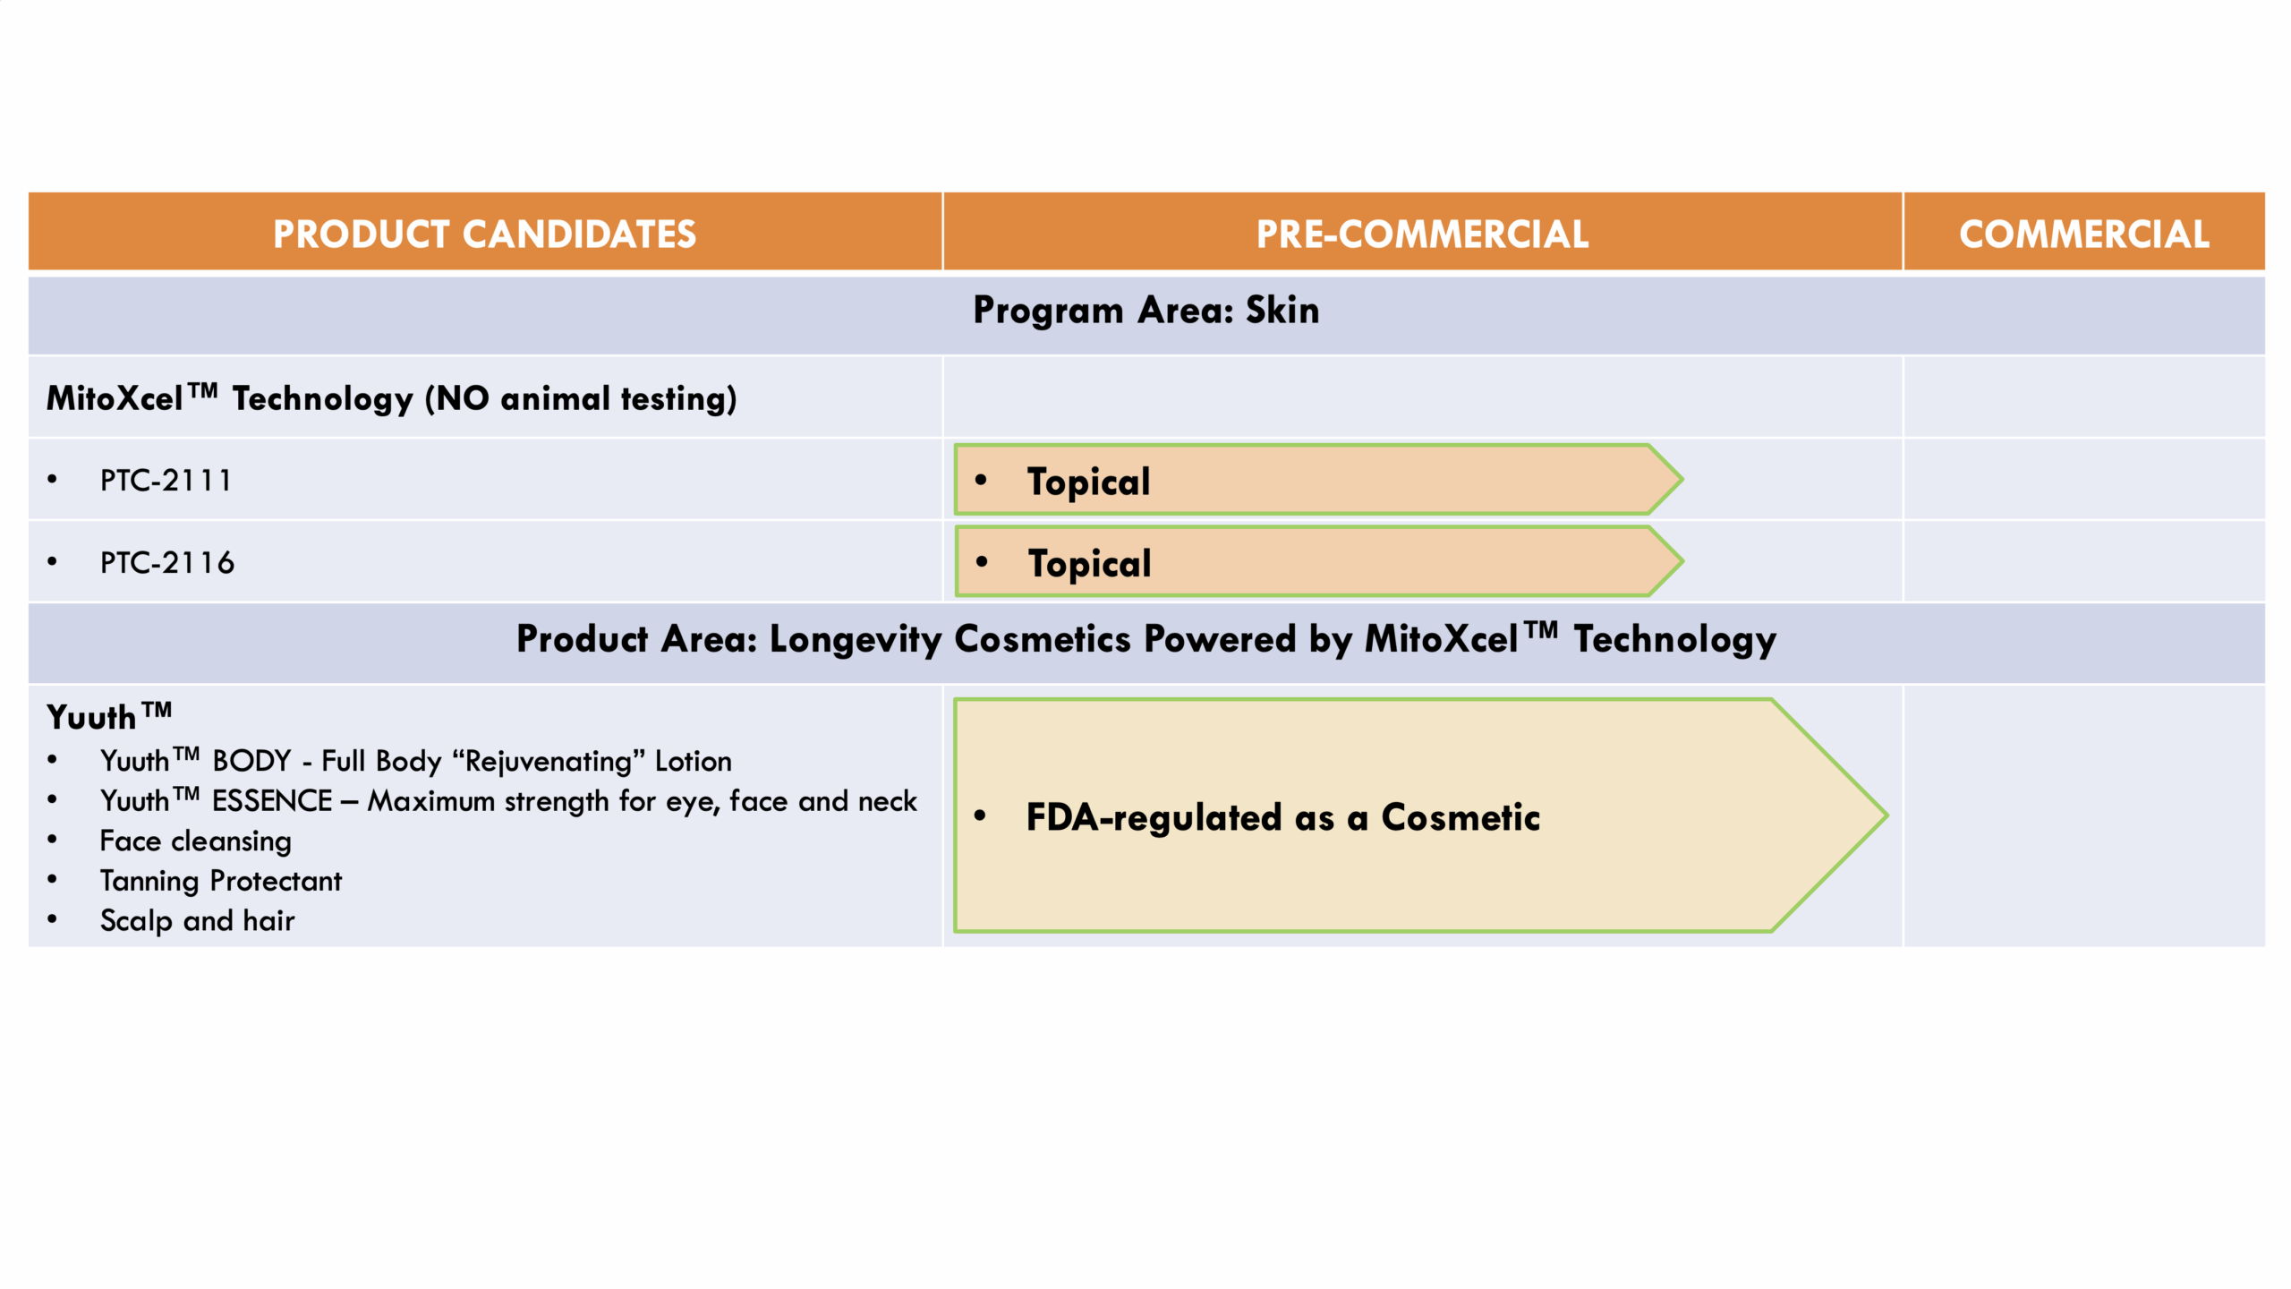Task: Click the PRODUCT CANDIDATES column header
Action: tap(484, 234)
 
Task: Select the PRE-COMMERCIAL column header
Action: tap(1422, 234)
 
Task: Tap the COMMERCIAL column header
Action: tap(2084, 234)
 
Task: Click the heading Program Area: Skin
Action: tap(1145, 311)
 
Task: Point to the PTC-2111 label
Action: tap(166, 481)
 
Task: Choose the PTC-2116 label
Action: tap(166, 563)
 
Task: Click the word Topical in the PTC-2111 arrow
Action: tap(1088, 482)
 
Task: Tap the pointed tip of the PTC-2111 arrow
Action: tap(1682, 480)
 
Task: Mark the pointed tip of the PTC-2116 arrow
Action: tap(1682, 561)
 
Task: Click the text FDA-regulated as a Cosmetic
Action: tap(1282, 817)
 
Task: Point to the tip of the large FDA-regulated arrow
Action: tap(1886, 815)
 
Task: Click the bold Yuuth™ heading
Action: tap(108, 716)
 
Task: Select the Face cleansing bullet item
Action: tap(195, 841)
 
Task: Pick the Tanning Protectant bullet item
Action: tap(220, 881)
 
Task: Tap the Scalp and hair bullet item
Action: tap(197, 920)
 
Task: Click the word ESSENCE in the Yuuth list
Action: tap(272, 801)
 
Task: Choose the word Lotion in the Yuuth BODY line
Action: tap(693, 761)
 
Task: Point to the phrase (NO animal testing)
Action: tap(581, 399)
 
